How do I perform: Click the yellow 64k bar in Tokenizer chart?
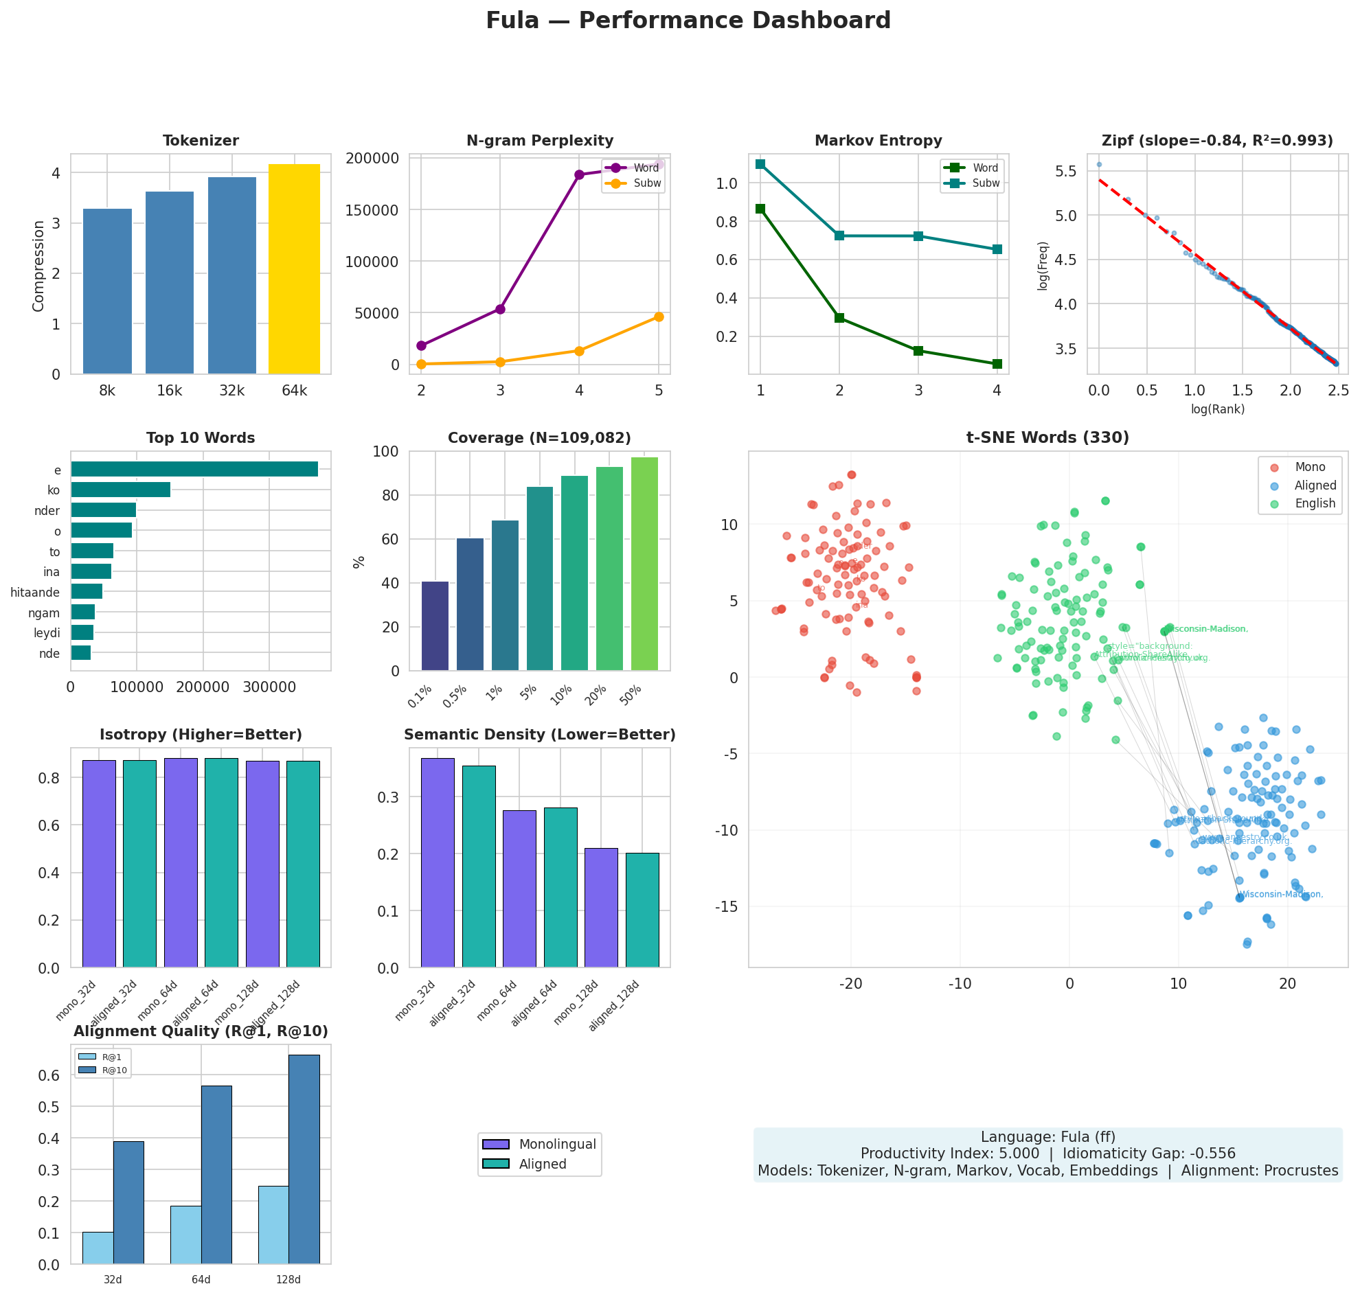(294, 269)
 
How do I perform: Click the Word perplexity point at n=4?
(579, 174)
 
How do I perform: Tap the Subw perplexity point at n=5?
(659, 317)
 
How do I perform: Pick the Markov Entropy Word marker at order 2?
(839, 318)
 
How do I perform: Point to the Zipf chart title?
(1217, 141)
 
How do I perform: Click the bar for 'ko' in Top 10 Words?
(120, 490)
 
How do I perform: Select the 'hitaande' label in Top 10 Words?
(35, 593)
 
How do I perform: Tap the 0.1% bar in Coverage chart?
(435, 626)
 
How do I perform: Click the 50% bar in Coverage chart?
(644, 564)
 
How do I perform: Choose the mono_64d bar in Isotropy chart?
(181, 863)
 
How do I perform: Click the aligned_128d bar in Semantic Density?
(642, 910)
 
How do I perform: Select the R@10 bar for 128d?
(304, 1160)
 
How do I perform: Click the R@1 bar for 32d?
(98, 1248)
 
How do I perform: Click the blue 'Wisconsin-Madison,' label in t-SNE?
(1281, 895)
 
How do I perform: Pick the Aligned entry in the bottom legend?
(542, 1165)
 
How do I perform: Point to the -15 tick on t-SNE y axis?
(728, 906)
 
